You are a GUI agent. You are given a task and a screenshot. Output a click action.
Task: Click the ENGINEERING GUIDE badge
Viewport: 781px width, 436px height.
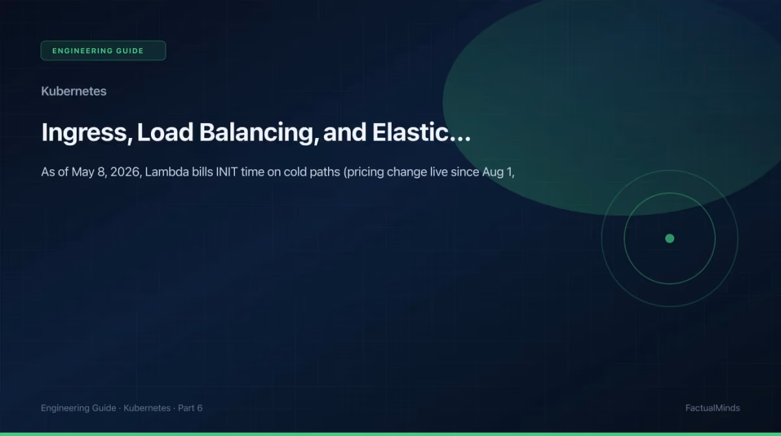103,51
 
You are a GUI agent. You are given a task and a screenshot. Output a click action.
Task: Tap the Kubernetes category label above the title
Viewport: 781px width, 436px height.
74,91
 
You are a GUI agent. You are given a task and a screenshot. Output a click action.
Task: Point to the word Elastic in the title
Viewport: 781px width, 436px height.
411,132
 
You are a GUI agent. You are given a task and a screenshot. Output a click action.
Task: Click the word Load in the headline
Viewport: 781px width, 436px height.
165,132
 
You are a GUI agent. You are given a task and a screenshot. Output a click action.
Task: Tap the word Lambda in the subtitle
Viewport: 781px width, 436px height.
167,172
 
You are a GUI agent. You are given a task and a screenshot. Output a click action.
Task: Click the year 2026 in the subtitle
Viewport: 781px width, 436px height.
126,172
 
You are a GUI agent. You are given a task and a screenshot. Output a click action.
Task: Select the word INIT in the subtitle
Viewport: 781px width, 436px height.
226,172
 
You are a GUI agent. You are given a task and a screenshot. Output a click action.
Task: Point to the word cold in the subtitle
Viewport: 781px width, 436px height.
295,172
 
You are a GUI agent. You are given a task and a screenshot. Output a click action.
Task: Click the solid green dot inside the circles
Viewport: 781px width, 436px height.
670,238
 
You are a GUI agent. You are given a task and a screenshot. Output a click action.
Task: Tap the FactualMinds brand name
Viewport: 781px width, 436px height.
712,408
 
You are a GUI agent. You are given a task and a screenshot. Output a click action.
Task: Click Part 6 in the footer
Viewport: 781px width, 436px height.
190,408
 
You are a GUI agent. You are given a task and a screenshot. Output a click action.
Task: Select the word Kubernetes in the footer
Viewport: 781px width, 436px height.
147,408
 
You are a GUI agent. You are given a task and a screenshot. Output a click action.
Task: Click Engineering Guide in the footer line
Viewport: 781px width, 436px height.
79,408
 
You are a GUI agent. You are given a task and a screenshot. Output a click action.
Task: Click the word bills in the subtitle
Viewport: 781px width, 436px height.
202,172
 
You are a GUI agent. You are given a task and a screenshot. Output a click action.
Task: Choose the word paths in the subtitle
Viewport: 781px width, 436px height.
325,172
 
